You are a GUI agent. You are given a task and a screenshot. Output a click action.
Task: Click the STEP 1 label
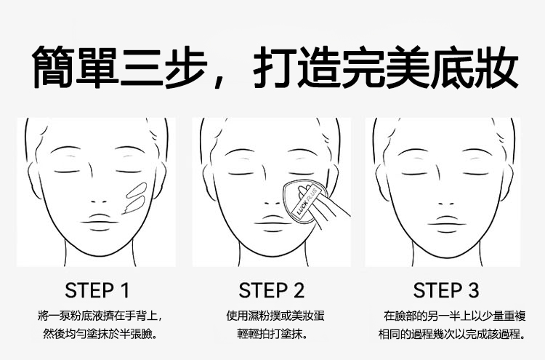pyautogui.click(x=97, y=290)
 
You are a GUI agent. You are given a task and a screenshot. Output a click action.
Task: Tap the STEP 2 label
pyautogui.click(x=272, y=290)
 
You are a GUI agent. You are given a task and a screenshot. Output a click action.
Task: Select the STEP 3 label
pyautogui.click(x=446, y=290)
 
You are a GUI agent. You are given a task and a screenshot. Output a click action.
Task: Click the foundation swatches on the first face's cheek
pyautogui.click(x=135, y=198)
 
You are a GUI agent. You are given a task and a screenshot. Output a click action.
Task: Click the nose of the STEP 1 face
pyautogui.click(x=99, y=201)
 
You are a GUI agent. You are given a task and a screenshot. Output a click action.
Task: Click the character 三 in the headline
pyautogui.click(x=142, y=67)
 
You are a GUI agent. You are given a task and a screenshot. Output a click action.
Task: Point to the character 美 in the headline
pyautogui.click(x=407, y=67)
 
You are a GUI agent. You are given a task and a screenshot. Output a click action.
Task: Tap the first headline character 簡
pyautogui.click(x=53, y=67)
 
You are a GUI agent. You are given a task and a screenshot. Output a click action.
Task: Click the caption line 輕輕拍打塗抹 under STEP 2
pyautogui.click(x=272, y=335)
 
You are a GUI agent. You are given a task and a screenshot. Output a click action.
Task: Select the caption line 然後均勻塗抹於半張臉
pyautogui.click(x=100, y=335)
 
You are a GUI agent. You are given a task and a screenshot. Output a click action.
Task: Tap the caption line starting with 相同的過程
pyautogui.click(x=452, y=335)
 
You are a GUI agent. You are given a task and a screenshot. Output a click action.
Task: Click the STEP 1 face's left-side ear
pyautogui.click(x=33, y=181)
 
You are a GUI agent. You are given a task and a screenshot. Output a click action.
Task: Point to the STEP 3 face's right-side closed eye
pyautogui.click(x=477, y=173)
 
